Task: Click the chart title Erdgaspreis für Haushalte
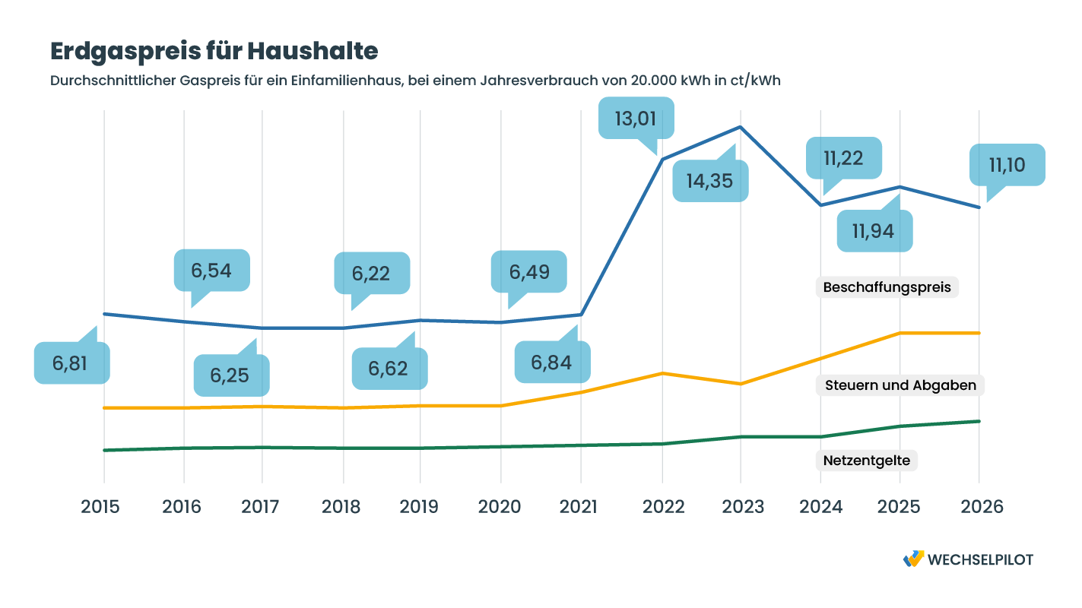click(x=214, y=51)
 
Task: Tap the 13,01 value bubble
click(x=636, y=118)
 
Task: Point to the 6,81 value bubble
click(x=71, y=363)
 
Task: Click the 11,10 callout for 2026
click(x=1007, y=165)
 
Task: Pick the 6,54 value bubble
click(x=212, y=271)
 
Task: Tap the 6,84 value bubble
click(x=552, y=363)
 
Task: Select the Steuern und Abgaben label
click(x=900, y=385)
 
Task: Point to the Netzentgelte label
click(x=867, y=461)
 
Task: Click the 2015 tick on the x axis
click(x=100, y=507)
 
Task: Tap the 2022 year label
click(x=662, y=507)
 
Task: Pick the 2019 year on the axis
click(x=420, y=507)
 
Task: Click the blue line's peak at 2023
click(x=741, y=128)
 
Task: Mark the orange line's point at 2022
click(x=662, y=373)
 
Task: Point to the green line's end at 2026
click(x=979, y=421)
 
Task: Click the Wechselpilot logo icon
click(x=913, y=559)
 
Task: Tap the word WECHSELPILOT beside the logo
click(x=981, y=559)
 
